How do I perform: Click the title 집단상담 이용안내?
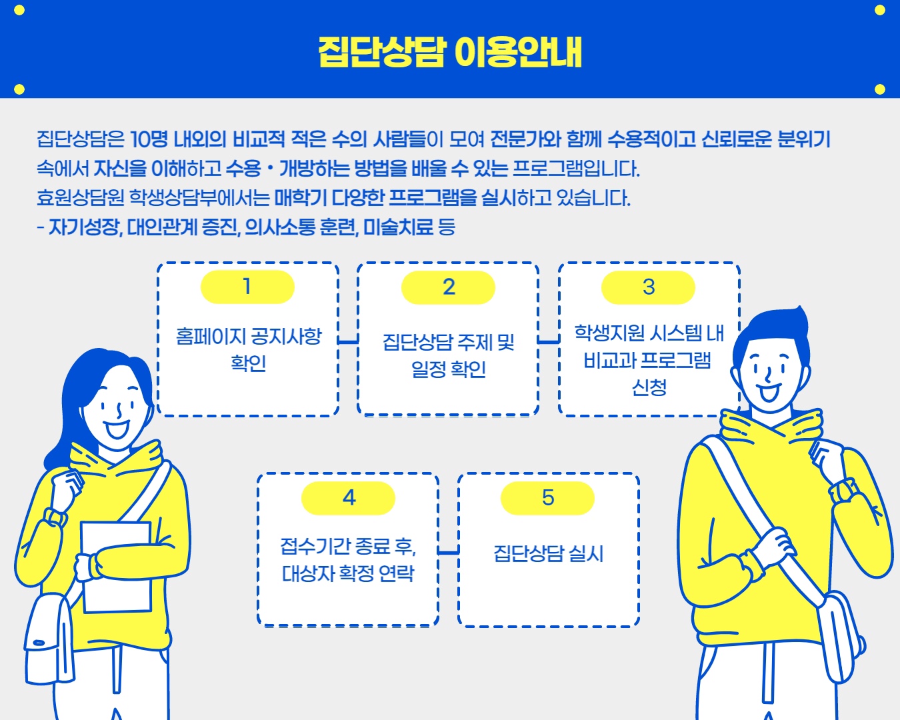tap(450, 51)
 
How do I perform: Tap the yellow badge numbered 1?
tap(247, 287)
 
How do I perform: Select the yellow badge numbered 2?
tap(448, 287)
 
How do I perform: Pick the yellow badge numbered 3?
tap(648, 287)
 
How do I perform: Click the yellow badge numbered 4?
tap(348, 498)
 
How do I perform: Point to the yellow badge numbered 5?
tap(547, 498)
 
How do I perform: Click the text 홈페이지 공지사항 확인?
tap(248, 349)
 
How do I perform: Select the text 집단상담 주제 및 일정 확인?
tap(448, 355)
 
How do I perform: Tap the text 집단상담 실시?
tap(548, 553)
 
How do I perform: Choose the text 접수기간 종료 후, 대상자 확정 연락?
tap(348, 559)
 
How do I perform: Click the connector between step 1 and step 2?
tap(348, 341)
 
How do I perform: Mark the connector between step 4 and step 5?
tap(448, 552)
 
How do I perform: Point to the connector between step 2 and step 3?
tap(548, 341)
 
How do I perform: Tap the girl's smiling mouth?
tap(118, 427)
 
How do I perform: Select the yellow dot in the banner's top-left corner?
tap(19, 10)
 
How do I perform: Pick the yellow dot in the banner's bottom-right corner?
tap(879, 89)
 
